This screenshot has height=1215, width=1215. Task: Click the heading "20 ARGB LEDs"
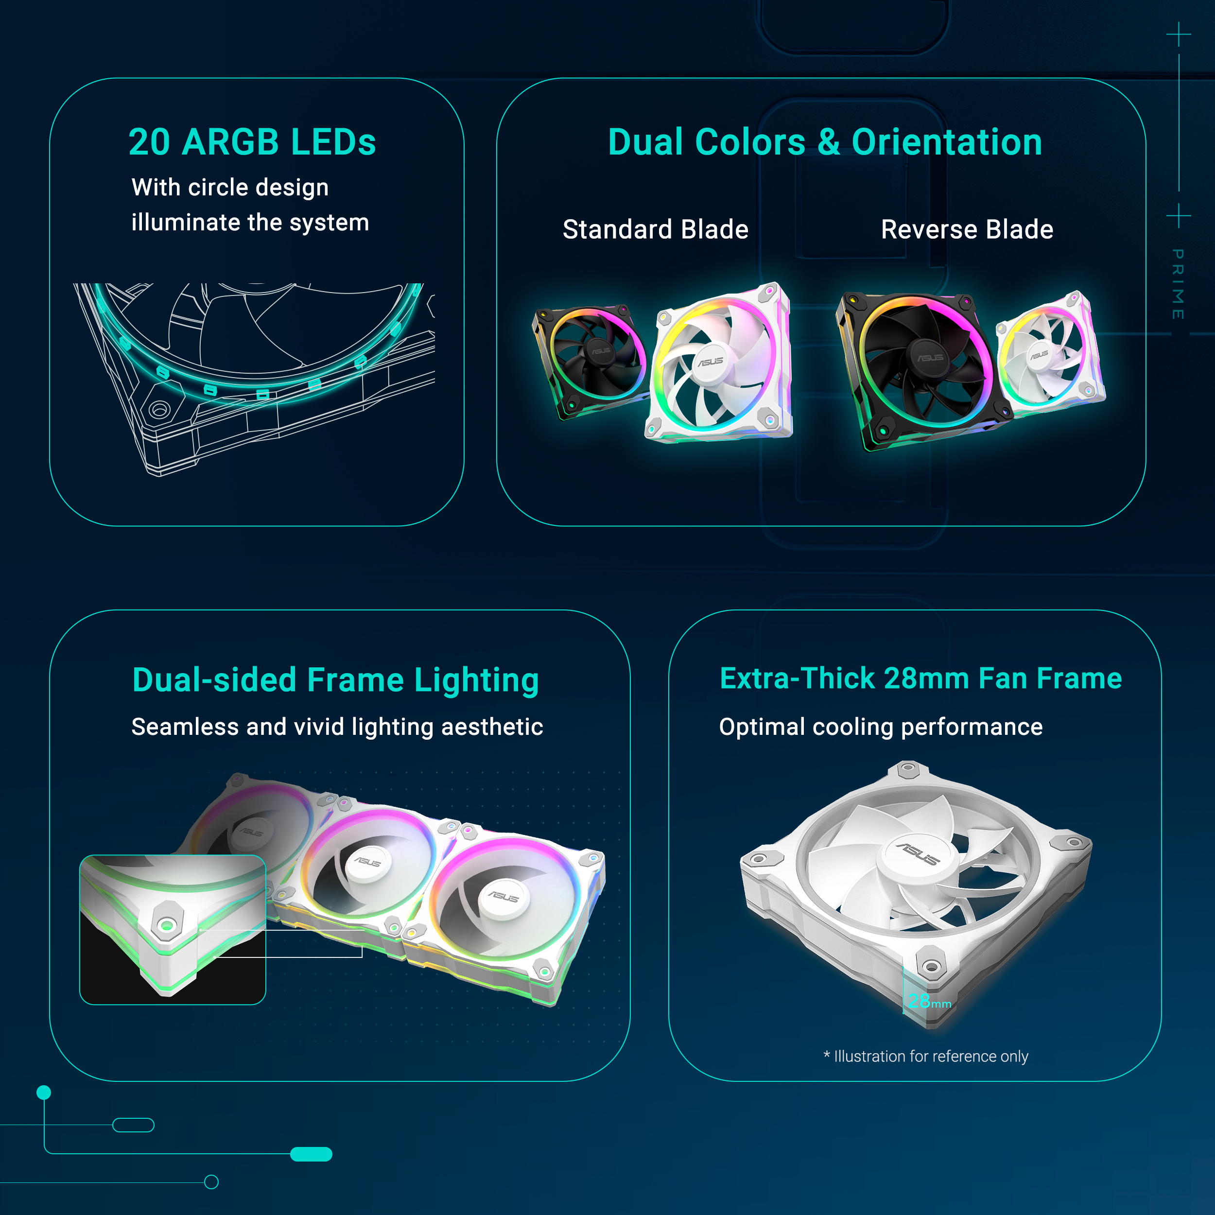[252, 142]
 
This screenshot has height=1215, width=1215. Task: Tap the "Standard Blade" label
[655, 229]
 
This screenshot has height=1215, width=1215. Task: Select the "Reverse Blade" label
[967, 229]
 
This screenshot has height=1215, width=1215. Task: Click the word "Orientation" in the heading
[946, 142]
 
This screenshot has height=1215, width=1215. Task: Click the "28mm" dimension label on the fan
[929, 1001]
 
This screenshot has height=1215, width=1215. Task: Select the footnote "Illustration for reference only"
[931, 1057]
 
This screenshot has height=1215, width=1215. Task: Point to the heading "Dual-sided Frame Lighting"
[336, 680]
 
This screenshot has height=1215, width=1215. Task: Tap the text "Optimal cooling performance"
[881, 727]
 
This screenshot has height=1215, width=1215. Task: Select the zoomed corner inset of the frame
[173, 930]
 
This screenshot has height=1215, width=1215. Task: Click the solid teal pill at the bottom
[312, 1154]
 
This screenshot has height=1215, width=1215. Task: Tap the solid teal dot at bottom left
[44, 1093]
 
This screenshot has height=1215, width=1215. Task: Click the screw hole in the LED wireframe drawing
[158, 410]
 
